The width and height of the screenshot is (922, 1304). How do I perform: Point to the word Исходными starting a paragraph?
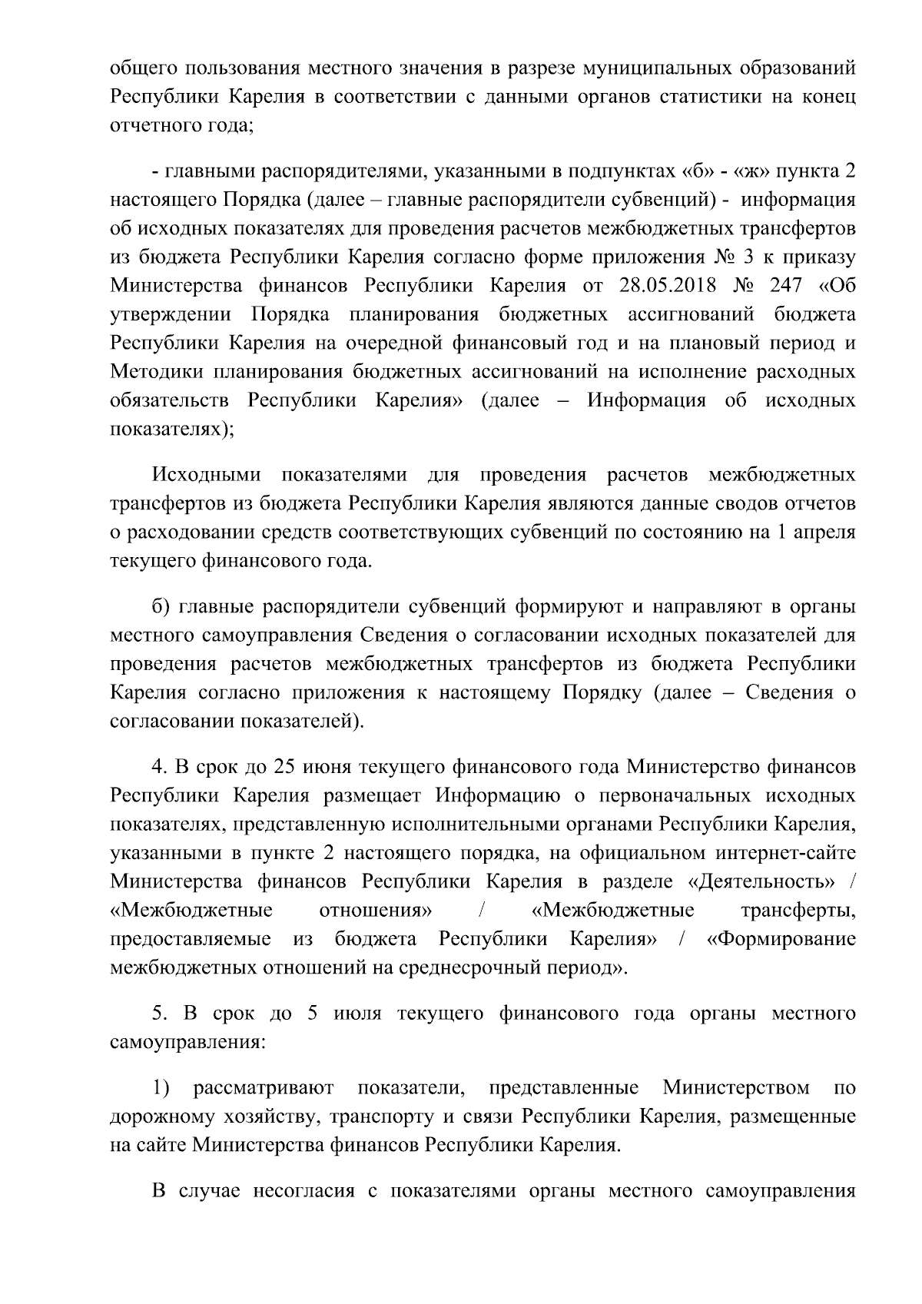point(207,475)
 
